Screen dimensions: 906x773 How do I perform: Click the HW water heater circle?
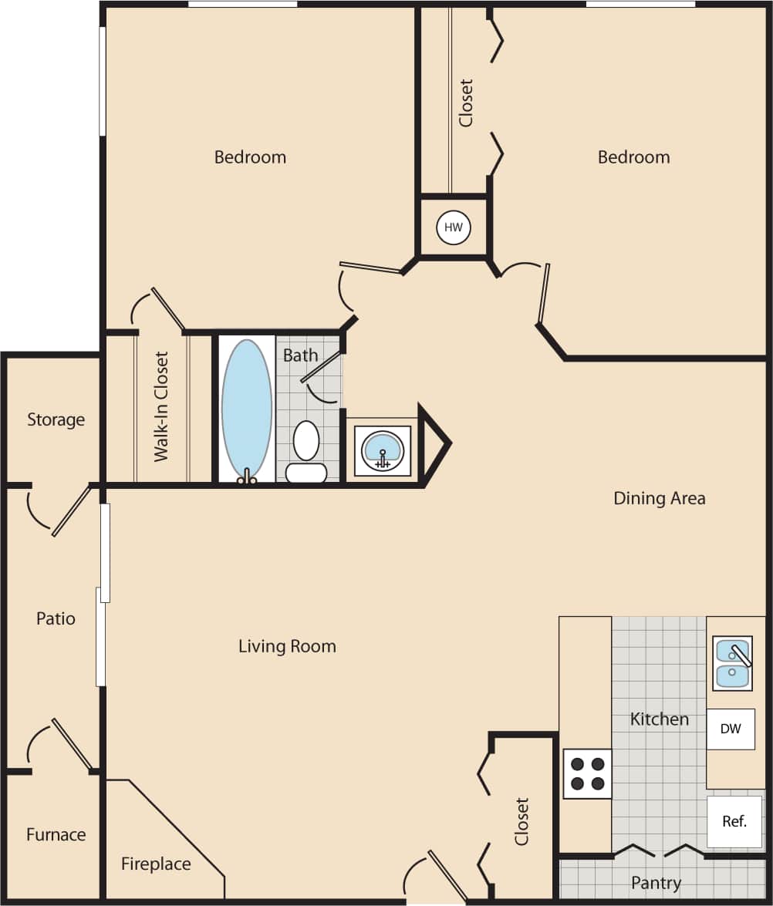click(x=454, y=227)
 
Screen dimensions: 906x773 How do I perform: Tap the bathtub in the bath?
click(x=247, y=409)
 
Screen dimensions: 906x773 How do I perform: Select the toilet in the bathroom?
click(x=306, y=451)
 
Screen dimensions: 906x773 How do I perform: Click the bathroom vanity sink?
click(x=383, y=450)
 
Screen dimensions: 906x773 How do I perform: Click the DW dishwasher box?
click(x=730, y=729)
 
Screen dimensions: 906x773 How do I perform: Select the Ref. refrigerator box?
click(x=734, y=821)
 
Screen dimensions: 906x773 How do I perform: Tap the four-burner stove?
click(x=587, y=774)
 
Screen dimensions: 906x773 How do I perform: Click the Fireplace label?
click(x=156, y=864)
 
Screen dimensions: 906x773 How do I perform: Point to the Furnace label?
click(x=56, y=834)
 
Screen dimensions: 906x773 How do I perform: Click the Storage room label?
click(x=56, y=419)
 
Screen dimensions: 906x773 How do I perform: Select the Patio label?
click(x=56, y=618)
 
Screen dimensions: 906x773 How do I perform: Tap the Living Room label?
click(x=287, y=646)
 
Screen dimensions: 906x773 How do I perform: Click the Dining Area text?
click(x=659, y=498)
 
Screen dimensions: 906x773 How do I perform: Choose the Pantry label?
click(x=656, y=882)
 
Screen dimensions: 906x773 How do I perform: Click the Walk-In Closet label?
click(x=161, y=406)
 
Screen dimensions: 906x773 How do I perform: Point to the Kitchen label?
click(x=659, y=719)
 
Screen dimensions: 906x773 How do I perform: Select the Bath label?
click(x=300, y=355)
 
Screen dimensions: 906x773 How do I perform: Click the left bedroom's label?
click(x=250, y=157)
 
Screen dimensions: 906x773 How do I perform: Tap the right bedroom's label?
click(x=633, y=157)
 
